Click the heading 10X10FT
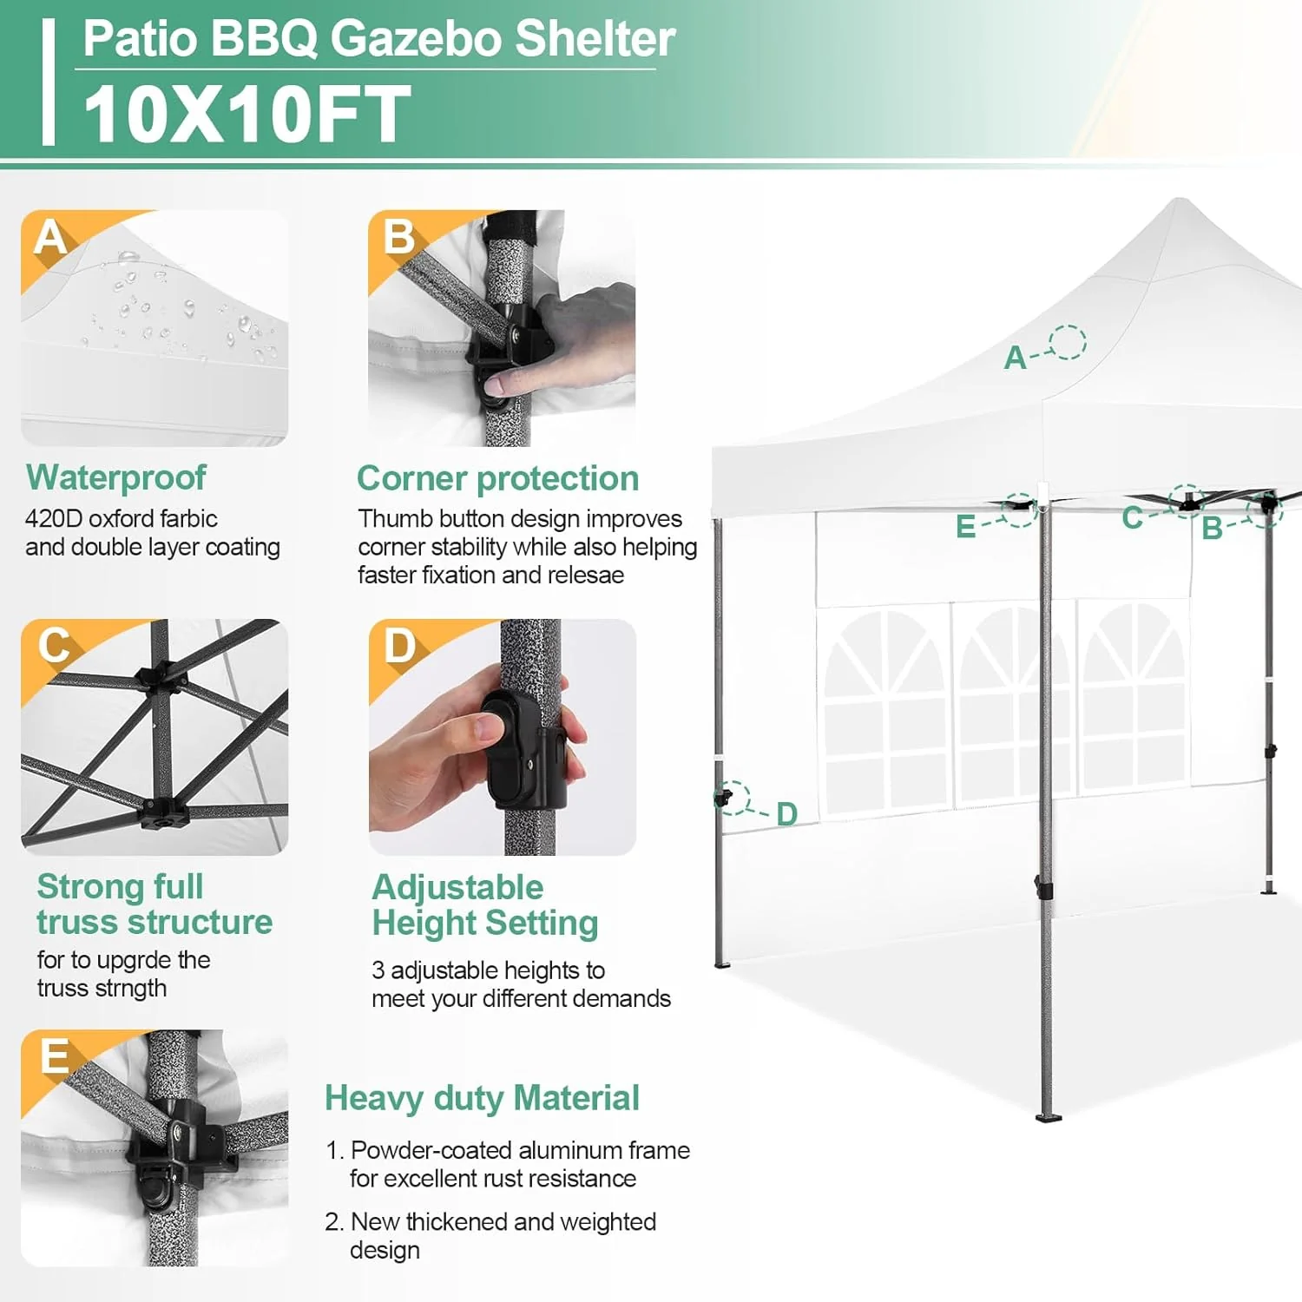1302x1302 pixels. click(247, 114)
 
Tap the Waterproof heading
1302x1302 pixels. click(115, 477)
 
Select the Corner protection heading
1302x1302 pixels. click(497, 478)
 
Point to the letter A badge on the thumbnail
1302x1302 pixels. click(50, 237)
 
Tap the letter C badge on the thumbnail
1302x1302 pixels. click(54, 646)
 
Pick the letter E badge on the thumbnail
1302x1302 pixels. click(54, 1056)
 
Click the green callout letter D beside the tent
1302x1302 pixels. click(786, 814)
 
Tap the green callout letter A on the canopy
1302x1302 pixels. click(1015, 358)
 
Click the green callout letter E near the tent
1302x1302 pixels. click(965, 527)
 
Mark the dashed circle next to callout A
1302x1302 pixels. click(1067, 342)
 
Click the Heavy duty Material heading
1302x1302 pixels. click(482, 1098)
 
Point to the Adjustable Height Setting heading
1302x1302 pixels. click(484, 904)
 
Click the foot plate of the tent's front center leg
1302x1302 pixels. click(1049, 1117)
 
